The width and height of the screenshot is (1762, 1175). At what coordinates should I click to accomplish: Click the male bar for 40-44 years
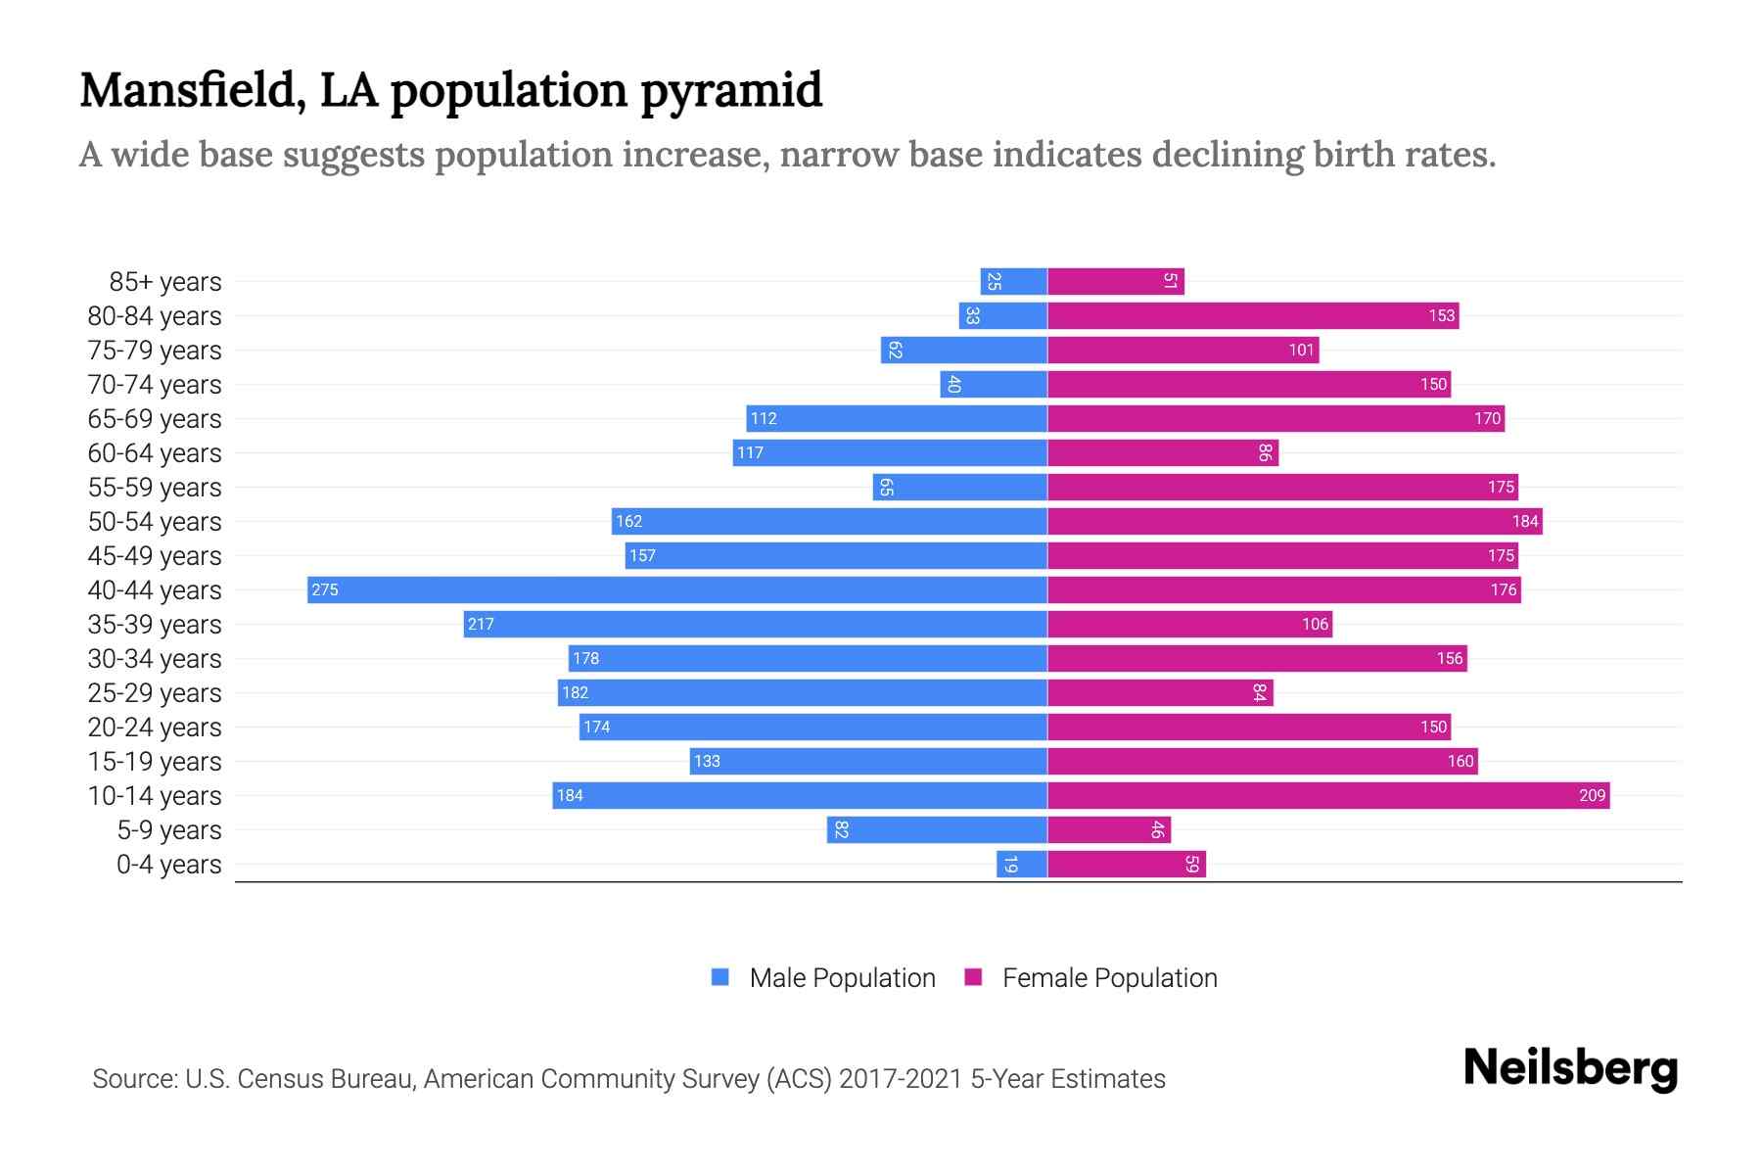click(x=677, y=589)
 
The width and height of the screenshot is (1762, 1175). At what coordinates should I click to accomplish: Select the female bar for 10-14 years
click(x=1328, y=795)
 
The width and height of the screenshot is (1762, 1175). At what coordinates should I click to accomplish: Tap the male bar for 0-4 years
click(x=1022, y=864)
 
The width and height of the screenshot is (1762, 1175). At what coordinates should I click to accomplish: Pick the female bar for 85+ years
click(x=1116, y=281)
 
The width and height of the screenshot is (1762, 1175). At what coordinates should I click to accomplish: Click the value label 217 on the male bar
click(x=481, y=624)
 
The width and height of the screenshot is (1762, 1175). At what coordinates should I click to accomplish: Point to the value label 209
click(x=1592, y=795)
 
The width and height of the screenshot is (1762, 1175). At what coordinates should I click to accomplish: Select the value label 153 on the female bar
click(x=1441, y=315)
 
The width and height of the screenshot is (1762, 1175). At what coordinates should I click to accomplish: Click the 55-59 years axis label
click(x=155, y=487)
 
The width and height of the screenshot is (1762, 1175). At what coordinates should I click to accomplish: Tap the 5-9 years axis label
click(x=168, y=829)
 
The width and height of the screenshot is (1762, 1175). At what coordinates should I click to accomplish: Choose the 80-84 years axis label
click(x=155, y=315)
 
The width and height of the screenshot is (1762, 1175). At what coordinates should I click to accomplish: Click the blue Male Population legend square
click(x=720, y=977)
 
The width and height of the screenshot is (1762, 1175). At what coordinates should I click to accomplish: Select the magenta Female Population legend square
click(x=973, y=977)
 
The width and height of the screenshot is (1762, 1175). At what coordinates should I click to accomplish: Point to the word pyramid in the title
click(x=731, y=90)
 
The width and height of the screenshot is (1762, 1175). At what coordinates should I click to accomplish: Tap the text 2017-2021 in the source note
click(x=901, y=1078)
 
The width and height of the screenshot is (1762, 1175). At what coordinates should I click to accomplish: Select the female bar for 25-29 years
click(x=1160, y=692)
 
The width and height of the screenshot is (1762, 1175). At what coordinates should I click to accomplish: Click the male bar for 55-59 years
click(x=959, y=487)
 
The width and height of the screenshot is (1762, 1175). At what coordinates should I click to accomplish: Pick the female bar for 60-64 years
click(x=1163, y=452)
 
